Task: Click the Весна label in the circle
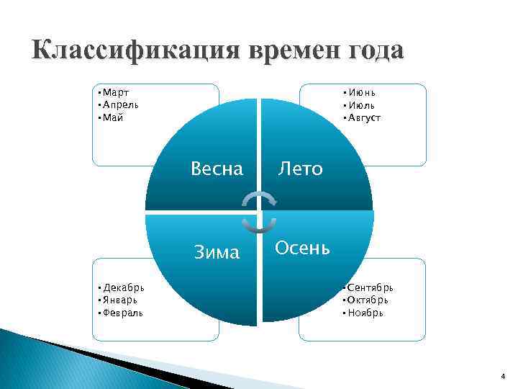pos(217,169)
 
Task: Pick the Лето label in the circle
pos(301,169)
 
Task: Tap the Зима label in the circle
pos(217,252)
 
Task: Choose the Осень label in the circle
pos(303,249)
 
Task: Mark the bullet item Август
pos(365,116)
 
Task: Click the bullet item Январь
pos(121,300)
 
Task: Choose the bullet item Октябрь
pos(369,300)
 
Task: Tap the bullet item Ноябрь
pos(365,312)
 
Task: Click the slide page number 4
pos(504,377)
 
